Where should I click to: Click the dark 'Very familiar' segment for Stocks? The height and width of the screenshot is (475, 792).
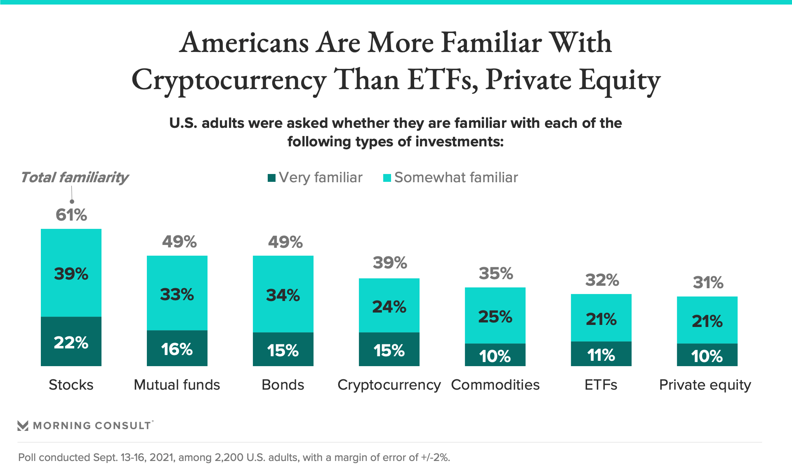[71, 341]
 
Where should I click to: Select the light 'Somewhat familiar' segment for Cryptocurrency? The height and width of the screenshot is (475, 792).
[389, 305]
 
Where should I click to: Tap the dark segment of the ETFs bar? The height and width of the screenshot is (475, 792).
[601, 354]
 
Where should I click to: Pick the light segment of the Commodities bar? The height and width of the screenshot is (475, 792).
[495, 315]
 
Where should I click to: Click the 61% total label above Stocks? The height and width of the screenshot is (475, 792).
[71, 215]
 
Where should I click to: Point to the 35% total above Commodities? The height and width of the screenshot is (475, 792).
[496, 273]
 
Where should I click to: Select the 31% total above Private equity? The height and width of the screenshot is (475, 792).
[708, 282]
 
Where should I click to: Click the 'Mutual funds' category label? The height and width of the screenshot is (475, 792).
[177, 385]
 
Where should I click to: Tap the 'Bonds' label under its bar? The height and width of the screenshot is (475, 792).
[283, 385]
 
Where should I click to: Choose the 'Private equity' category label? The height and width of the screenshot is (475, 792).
[705, 385]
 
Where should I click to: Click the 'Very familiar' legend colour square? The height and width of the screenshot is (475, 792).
[271, 178]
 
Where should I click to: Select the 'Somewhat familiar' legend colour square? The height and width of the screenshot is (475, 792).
[387, 178]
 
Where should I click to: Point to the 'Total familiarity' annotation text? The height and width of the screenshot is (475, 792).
[75, 177]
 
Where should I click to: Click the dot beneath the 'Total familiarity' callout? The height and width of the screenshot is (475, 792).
[72, 201]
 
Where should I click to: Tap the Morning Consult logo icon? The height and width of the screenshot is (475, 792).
[23, 426]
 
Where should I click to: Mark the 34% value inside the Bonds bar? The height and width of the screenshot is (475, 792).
[283, 295]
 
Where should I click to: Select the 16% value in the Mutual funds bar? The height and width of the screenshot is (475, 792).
[177, 349]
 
